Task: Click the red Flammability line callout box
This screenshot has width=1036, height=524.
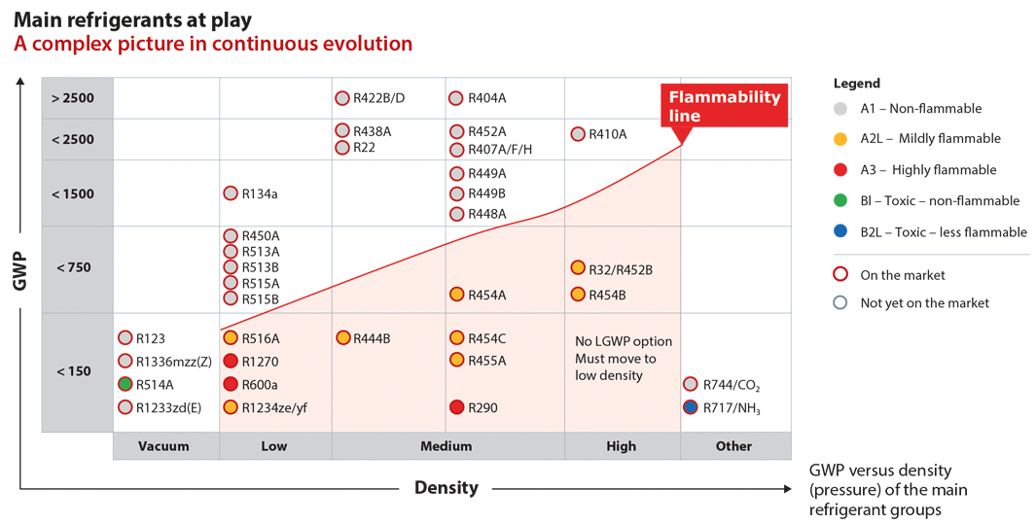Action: point(724,106)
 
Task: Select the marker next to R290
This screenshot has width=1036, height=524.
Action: point(457,407)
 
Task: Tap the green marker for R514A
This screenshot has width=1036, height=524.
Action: point(125,384)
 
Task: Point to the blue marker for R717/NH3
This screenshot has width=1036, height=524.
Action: point(691,407)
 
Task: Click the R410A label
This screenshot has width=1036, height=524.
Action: point(608,134)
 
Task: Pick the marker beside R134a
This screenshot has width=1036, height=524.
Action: point(231,193)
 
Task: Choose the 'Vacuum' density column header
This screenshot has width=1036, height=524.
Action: point(163,446)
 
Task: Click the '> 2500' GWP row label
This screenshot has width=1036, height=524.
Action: point(73,98)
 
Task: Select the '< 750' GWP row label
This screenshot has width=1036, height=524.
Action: point(73,267)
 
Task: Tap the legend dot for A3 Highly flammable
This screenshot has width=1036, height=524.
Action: point(840,170)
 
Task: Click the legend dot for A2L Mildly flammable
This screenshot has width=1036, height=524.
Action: point(840,139)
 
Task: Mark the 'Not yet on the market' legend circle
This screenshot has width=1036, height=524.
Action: point(840,302)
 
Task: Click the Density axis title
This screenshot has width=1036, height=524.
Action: point(447,488)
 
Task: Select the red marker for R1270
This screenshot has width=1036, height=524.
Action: point(231,361)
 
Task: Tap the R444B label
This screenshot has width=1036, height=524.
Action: point(372,338)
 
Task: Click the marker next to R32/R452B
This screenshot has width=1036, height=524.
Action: point(578,268)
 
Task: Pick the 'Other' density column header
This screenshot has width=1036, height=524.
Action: point(733,446)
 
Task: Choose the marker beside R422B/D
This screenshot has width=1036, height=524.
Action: point(342,98)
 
